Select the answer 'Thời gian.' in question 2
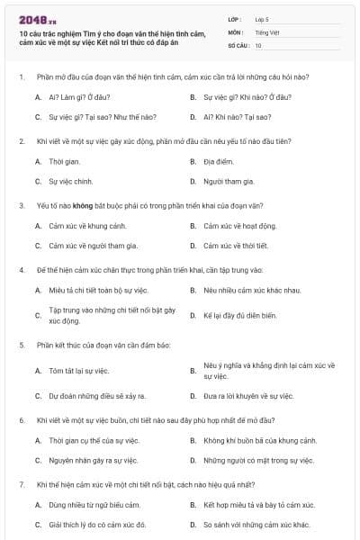(x=65, y=161)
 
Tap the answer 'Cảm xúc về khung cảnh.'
(x=87, y=225)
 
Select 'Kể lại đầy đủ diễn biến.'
(x=240, y=315)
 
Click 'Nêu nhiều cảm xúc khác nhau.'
(x=247, y=290)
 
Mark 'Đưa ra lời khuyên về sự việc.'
(x=248, y=395)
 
